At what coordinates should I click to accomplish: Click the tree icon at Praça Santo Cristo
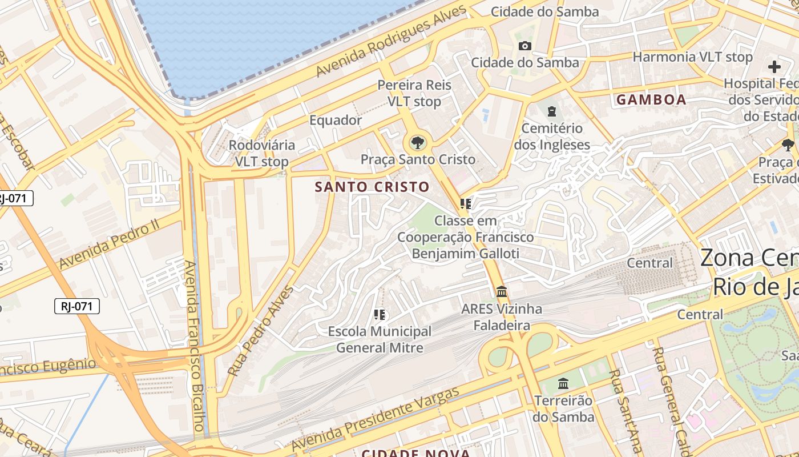[x=417, y=142]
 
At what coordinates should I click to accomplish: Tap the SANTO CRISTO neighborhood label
[x=372, y=187]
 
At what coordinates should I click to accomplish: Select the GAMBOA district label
[x=651, y=100]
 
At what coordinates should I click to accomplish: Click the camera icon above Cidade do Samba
[x=524, y=46]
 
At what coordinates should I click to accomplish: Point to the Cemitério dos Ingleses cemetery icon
[x=551, y=111]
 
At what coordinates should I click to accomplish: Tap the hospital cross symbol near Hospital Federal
[x=774, y=67]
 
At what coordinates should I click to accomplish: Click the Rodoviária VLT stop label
[x=262, y=153]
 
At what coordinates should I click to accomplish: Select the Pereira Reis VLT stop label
[x=414, y=93]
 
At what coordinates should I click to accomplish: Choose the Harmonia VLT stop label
[x=692, y=57]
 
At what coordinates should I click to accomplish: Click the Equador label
[x=336, y=120]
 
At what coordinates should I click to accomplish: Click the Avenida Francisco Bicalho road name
[x=193, y=346]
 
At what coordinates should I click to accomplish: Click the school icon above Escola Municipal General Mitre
[x=380, y=315]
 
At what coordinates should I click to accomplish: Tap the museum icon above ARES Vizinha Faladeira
[x=502, y=292]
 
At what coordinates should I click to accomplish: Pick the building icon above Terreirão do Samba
[x=563, y=383]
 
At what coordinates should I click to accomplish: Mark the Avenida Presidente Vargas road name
[x=375, y=419]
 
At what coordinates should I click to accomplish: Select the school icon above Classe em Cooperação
[x=466, y=204]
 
